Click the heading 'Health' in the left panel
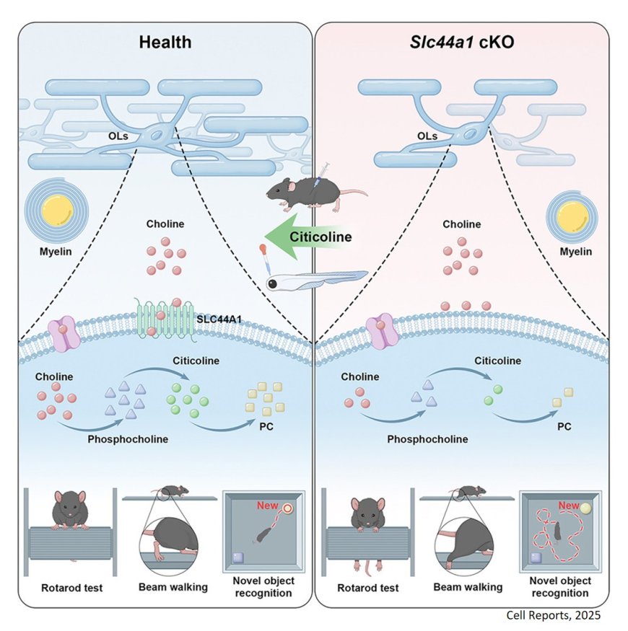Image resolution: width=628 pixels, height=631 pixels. point(165,42)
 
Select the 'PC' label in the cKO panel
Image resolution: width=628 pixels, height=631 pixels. point(564,426)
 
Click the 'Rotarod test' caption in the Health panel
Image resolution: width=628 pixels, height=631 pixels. point(69,587)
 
